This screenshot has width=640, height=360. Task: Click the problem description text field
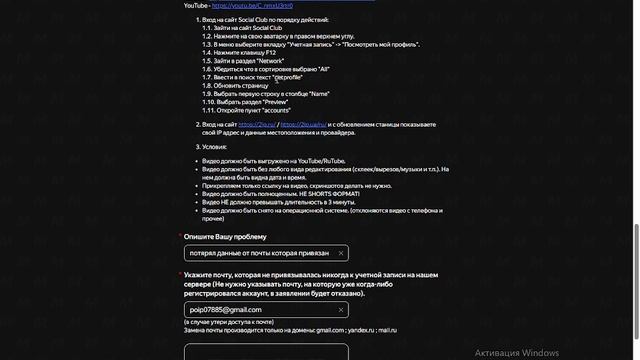[258, 254]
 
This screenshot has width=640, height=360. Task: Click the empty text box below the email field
[266, 350]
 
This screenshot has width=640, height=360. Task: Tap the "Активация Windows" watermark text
[517, 353]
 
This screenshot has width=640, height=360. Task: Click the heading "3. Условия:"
[211, 146]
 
